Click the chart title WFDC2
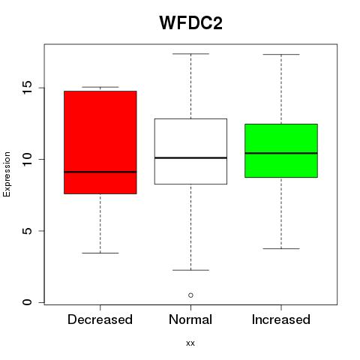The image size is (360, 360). [190, 22]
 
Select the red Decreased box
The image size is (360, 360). [100, 142]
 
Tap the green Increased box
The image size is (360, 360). [281, 151]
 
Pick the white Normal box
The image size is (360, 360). [190, 151]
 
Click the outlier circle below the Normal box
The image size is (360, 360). [190, 295]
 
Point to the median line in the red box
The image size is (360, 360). [100, 172]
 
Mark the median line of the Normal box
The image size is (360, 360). [190, 157]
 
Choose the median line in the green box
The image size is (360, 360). [281, 153]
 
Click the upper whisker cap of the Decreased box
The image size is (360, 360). [100, 87]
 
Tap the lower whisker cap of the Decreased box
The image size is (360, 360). [100, 253]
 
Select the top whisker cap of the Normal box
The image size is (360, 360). [190, 54]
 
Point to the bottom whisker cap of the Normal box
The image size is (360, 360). [190, 270]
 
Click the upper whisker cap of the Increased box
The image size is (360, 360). [281, 54]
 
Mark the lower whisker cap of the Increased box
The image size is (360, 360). [281, 248]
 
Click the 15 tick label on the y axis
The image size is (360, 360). [28, 88]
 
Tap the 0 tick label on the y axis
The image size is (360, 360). [28, 302]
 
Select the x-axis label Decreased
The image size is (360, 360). [100, 319]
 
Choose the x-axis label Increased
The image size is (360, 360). [281, 319]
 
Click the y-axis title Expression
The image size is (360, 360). [7, 174]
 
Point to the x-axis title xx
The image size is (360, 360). [190, 343]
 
